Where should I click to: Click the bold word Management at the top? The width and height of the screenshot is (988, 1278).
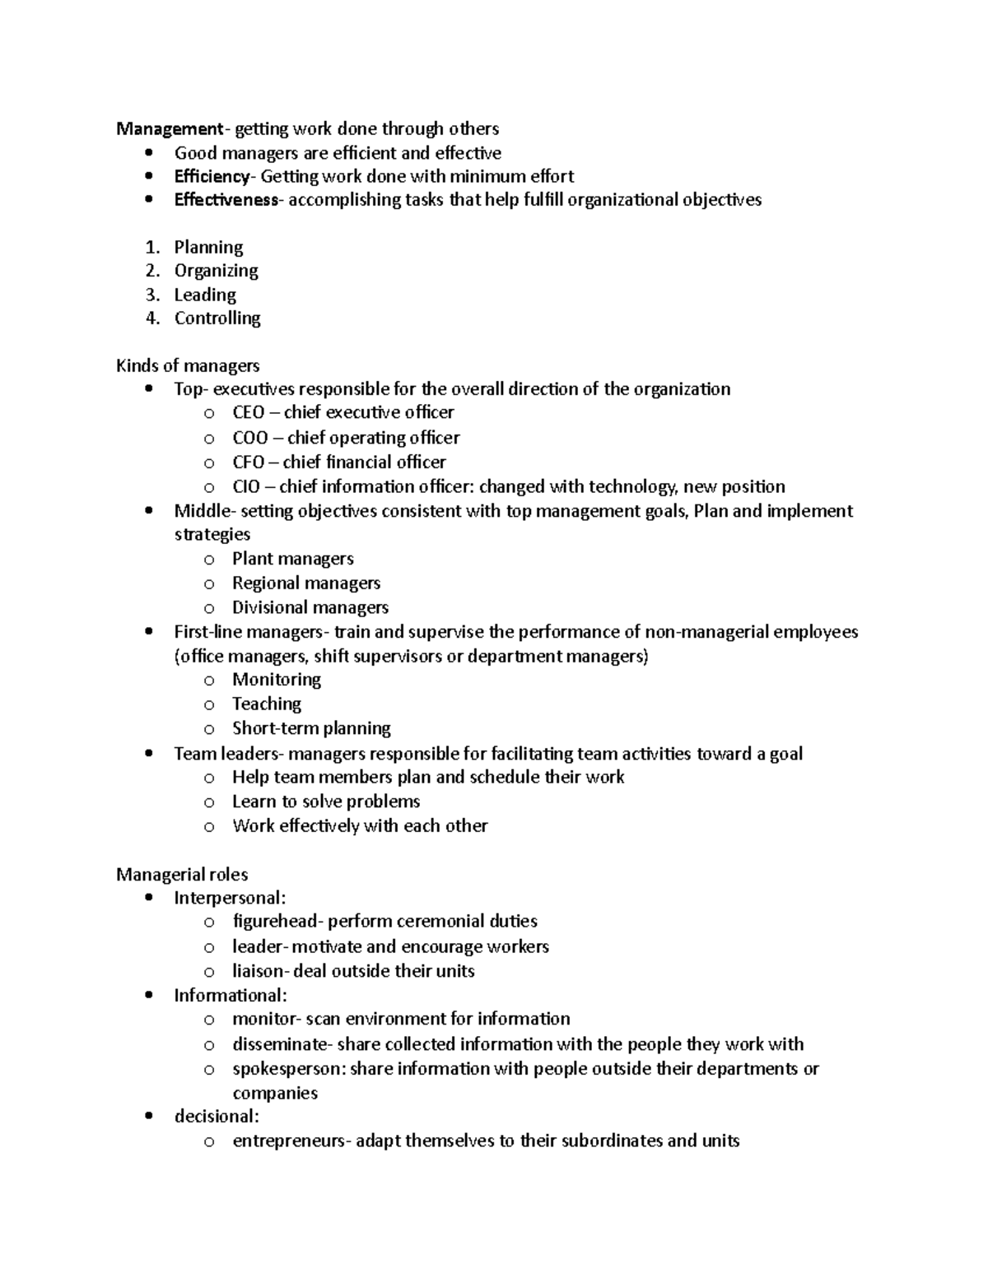click(x=169, y=129)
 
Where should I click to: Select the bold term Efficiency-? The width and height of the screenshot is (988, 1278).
click(x=212, y=177)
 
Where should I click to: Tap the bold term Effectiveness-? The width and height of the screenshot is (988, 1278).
click(x=226, y=200)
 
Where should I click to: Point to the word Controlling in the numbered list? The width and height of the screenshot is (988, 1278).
click(x=217, y=318)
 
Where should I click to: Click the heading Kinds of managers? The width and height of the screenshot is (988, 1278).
click(x=188, y=365)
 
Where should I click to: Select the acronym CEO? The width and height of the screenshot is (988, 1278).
click(x=248, y=413)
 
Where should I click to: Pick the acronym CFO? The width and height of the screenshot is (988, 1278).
click(x=248, y=462)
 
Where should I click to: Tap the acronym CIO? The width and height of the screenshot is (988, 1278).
click(x=245, y=487)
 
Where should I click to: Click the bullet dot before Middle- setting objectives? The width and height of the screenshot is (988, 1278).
click(x=148, y=511)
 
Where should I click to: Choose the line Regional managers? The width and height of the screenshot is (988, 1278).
click(x=305, y=583)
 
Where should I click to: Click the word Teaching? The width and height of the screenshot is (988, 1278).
click(x=267, y=704)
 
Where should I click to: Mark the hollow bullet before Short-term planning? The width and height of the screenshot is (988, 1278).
click(x=209, y=729)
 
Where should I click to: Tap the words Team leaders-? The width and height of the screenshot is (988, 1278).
click(x=228, y=754)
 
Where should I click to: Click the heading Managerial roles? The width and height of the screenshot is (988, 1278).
click(x=182, y=875)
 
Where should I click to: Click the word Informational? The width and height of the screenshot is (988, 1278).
click(x=231, y=996)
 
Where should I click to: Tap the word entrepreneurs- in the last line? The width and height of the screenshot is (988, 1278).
click(x=292, y=1141)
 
